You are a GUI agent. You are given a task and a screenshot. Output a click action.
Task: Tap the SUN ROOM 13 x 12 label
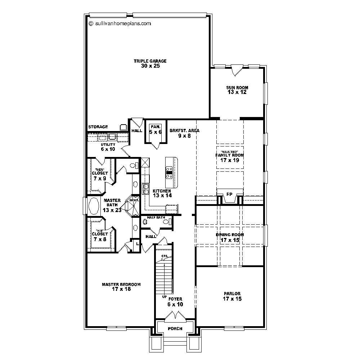pos(237,90)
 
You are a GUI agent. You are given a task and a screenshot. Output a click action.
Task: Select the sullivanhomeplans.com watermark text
pos(120,23)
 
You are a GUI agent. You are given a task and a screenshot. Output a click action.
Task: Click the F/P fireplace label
pos(229,194)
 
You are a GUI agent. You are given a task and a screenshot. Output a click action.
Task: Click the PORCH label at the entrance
pos(175,329)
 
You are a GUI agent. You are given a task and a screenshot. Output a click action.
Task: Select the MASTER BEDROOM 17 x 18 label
pos(121,287)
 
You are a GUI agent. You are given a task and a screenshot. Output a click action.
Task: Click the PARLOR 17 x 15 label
pos(231,296)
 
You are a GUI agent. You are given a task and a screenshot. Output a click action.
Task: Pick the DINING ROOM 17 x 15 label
pos(230,237)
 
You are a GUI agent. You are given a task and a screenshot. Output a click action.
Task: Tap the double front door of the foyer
pos(175,316)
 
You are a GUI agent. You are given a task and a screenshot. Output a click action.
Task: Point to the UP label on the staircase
pos(164,297)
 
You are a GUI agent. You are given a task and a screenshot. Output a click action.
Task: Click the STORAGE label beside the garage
pos(98,127)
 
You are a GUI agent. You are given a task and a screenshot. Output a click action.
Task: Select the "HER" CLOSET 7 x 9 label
pos(100,175)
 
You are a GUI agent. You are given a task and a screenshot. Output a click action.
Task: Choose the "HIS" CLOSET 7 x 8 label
pos(99,236)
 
